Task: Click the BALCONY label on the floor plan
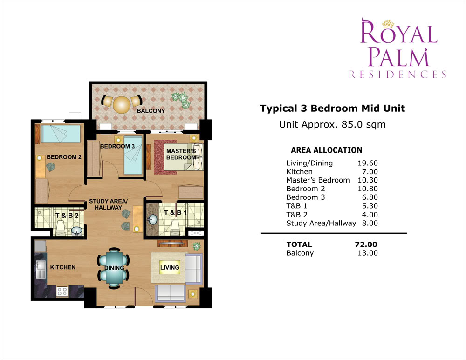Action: tap(151, 111)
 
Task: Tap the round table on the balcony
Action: tap(122, 105)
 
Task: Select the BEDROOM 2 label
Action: tap(64, 157)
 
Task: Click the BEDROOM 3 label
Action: tap(117, 146)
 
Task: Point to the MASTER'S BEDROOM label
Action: tap(181, 155)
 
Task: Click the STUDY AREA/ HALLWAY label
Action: tap(108, 204)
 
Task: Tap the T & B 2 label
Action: tap(67, 216)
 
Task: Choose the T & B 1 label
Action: tap(175, 213)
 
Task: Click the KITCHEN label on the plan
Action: tap(63, 267)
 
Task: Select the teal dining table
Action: tap(114, 267)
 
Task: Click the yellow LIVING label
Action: tap(170, 268)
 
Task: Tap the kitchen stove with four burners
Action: tap(62, 292)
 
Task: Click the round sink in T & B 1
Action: tap(153, 219)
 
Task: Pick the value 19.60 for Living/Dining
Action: tap(368, 163)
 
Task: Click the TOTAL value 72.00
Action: tap(366, 245)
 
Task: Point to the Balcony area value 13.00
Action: tap(368, 253)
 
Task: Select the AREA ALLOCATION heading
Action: tap(326, 150)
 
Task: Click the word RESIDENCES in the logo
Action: tap(397, 74)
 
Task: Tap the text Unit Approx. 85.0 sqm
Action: tap(332, 124)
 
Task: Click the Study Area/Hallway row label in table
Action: tap(321, 224)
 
